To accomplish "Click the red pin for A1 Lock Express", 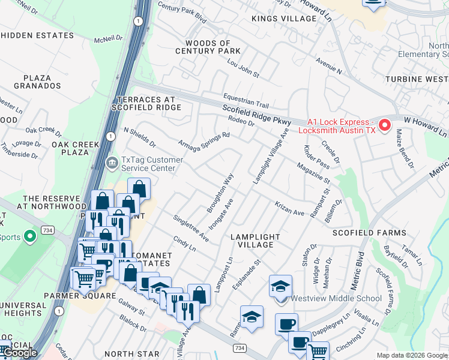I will coord(384,125).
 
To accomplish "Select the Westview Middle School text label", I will coord(336,298).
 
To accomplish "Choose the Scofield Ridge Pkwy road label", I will coord(256,115).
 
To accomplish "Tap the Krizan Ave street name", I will coord(290,209).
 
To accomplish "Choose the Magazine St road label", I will coord(313,172).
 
